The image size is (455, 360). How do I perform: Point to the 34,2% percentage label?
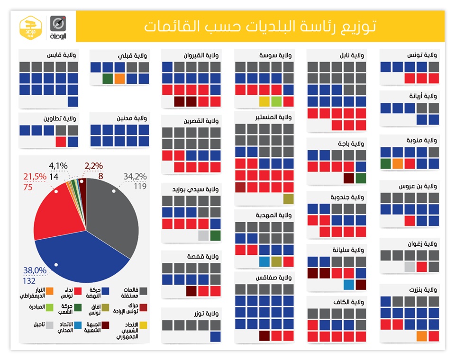[x=135, y=177]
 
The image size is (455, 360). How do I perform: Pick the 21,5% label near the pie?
[x=36, y=177]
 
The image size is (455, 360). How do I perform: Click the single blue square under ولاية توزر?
[x=215, y=336]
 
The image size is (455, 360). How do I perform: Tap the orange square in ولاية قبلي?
[x=119, y=79]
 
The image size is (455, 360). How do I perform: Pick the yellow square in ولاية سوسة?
[x=264, y=101]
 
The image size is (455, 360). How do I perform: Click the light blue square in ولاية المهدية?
[x=264, y=261]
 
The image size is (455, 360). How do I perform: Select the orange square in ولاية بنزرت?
[x=421, y=336]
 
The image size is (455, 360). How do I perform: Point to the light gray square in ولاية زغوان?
[x=409, y=267]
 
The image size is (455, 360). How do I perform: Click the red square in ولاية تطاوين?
[x=61, y=141]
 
